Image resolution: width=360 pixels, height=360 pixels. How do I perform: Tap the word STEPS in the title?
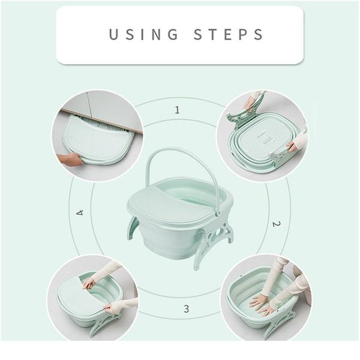pyautogui.click(x=229, y=34)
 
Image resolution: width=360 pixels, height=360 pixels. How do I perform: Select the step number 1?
pyautogui.click(x=177, y=110)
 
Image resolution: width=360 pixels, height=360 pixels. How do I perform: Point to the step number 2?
pyautogui.click(x=276, y=224)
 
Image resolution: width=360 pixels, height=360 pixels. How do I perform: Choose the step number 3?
pyautogui.click(x=186, y=309)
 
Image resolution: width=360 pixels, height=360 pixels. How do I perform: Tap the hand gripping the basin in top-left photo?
pyautogui.click(x=70, y=159)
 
